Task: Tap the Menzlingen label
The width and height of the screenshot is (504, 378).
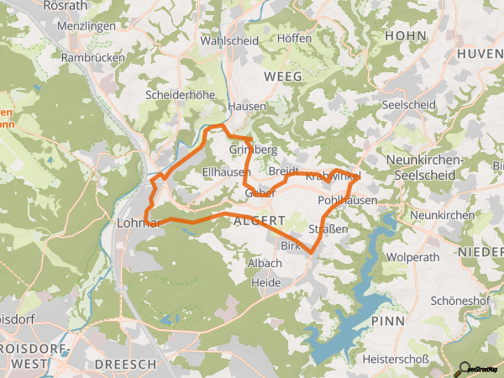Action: [x=87, y=26]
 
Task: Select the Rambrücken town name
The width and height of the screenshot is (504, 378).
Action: [x=93, y=57]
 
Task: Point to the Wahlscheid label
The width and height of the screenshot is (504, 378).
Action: [x=227, y=39]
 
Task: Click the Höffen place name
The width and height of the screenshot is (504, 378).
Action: [x=293, y=39]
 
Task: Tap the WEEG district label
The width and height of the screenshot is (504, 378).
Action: [x=281, y=76]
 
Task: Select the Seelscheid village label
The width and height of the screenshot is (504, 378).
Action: [x=407, y=104]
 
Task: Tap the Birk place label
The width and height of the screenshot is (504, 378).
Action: [x=290, y=245]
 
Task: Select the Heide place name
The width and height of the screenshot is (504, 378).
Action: [x=266, y=283]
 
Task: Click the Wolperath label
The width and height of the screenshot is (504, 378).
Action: [x=412, y=255]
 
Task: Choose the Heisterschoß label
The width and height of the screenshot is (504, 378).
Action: [x=395, y=360]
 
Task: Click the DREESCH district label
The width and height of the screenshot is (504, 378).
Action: [x=126, y=364]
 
